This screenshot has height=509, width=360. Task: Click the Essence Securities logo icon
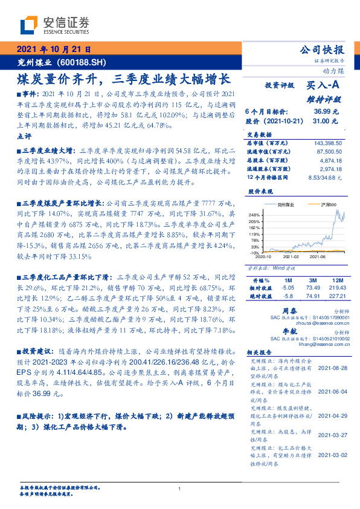point(28,25)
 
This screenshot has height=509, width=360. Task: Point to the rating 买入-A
point(323,86)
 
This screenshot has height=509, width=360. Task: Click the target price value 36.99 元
point(326,112)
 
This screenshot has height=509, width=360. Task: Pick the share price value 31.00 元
point(326,122)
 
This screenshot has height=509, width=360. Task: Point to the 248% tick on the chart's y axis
point(253,215)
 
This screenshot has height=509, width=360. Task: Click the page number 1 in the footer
point(180,488)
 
